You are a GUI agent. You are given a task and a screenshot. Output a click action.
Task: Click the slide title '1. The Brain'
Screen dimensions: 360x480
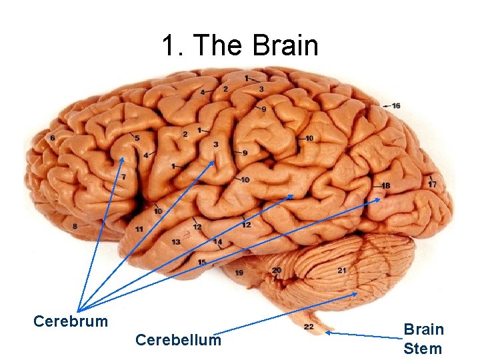pyautogui.click(x=240, y=46)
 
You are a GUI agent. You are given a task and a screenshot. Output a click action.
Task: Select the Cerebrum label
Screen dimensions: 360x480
pyautogui.click(x=70, y=321)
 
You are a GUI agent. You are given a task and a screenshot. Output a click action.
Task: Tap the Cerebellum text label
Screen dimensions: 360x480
pyautogui.click(x=178, y=340)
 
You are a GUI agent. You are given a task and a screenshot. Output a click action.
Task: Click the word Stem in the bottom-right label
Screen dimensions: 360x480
pyautogui.click(x=423, y=348)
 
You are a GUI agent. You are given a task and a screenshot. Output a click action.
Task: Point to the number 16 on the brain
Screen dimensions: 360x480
pyautogui.click(x=396, y=106)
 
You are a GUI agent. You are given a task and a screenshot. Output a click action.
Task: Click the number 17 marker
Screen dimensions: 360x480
pyautogui.click(x=433, y=184)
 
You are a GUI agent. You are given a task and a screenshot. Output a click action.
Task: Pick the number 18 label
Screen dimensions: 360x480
pyautogui.click(x=386, y=185)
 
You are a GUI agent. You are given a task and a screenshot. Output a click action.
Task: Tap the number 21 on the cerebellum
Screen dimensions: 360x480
pyautogui.click(x=342, y=270)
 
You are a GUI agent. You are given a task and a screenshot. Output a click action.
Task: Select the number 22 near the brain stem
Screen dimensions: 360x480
pyautogui.click(x=309, y=327)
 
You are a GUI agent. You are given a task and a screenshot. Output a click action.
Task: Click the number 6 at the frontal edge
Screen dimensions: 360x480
pyautogui.click(x=53, y=138)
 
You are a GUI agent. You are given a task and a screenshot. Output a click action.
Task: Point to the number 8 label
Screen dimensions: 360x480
pyautogui.click(x=75, y=227)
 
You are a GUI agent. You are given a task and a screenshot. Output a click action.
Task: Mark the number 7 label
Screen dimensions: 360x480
pyautogui.click(x=123, y=177)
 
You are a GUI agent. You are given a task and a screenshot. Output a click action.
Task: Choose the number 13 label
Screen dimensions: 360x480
pyautogui.click(x=176, y=242)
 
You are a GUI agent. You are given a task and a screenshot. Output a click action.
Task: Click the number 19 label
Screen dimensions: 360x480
pyautogui.click(x=239, y=273)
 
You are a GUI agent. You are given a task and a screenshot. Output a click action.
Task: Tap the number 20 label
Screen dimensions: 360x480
pyautogui.click(x=276, y=270)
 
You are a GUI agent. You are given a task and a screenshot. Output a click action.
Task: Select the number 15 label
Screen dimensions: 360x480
pyautogui.click(x=201, y=262)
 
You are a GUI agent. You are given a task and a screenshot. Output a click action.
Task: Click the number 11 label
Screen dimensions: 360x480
pyautogui.click(x=139, y=229)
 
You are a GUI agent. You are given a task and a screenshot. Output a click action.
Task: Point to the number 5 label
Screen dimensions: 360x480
pyautogui.click(x=137, y=138)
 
